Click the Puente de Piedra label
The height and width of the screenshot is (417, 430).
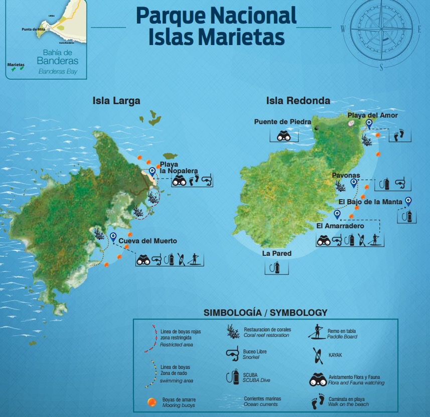coord(282,121)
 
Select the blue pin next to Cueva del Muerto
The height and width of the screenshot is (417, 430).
coord(113,236)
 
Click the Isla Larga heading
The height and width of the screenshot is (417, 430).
coord(116,101)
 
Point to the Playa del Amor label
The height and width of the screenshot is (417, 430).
coord(372,115)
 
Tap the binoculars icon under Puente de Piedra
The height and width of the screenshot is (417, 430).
coord(284,135)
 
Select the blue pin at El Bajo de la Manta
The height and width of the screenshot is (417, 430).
coord(408,201)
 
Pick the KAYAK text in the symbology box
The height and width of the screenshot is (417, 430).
coord(335,354)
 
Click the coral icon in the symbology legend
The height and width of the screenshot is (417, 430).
coord(232,331)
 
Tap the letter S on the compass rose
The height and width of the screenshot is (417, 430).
coord(381,67)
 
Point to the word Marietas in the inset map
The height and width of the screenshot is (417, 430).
coord(16,64)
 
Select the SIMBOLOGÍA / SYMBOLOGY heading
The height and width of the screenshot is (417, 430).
coord(265,313)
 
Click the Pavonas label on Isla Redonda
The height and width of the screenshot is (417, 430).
coord(345,175)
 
